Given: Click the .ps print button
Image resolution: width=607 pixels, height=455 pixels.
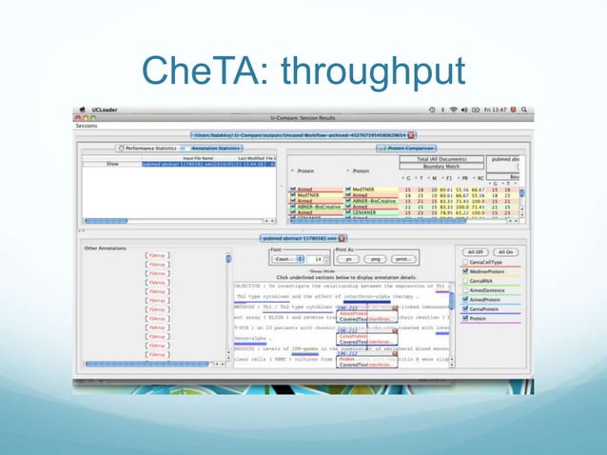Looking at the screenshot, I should (x=348, y=258).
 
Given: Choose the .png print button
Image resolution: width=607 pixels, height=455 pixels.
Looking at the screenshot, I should (x=375, y=258).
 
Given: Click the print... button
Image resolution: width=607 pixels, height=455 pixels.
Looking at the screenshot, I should (x=403, y=258).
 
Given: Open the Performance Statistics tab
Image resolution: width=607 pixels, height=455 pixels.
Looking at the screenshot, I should (x=152, y=148).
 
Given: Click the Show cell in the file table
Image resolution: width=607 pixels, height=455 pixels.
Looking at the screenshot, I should (x=111, y=164).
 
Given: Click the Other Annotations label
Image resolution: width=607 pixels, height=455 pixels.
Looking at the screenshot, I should (x=104, y=247).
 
